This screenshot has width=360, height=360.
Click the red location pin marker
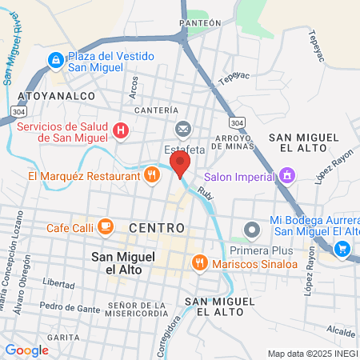180,166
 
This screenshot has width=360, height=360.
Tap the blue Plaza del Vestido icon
54,59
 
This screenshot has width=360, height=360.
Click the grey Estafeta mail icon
183,129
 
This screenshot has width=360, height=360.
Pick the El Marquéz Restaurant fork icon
151,176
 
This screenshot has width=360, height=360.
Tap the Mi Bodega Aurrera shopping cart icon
342,249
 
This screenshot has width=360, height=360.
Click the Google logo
26,350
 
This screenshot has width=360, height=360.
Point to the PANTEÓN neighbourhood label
201,24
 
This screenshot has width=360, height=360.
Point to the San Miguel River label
17,48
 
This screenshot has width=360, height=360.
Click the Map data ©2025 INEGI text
313,353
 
